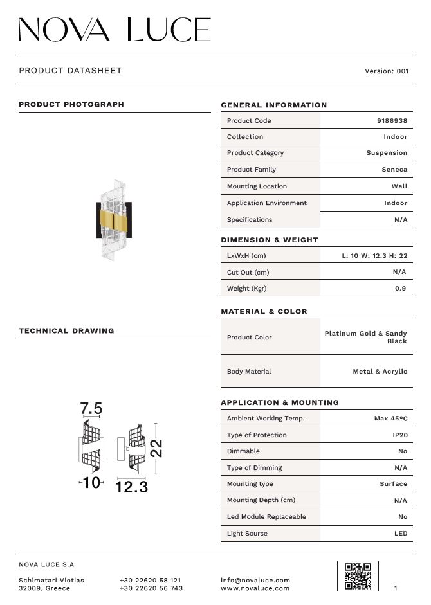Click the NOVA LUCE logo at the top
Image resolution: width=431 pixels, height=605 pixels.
(x=115, y=30)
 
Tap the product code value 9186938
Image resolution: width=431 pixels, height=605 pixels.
(x=392, y=121)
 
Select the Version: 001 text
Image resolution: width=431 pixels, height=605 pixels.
(x=386, y=71)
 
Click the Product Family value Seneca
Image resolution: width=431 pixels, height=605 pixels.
(x=394, y=170)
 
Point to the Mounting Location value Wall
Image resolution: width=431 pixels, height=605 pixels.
(x=399, y=186)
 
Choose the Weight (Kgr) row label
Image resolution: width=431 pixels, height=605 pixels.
(x=246, y=289)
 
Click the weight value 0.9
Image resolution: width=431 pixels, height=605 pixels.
(x=400, y=289)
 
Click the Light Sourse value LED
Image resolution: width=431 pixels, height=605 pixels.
(x=400, y=534)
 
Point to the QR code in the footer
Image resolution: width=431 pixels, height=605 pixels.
(x=358, y=576)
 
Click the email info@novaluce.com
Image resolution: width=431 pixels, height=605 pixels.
(x=255, y=580)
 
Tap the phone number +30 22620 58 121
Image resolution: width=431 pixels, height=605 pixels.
(x=150, y=580)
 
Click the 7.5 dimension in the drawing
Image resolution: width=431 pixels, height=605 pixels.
(x=91, y=409)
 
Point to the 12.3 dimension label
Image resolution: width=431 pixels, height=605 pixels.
(x=132, y=487)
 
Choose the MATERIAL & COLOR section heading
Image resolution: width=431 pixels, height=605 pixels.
(x=264, y=312)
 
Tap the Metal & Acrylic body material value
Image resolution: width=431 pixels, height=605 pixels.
(x=380, y=372)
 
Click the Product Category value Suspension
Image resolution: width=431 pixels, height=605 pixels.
(x=387, y=153)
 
